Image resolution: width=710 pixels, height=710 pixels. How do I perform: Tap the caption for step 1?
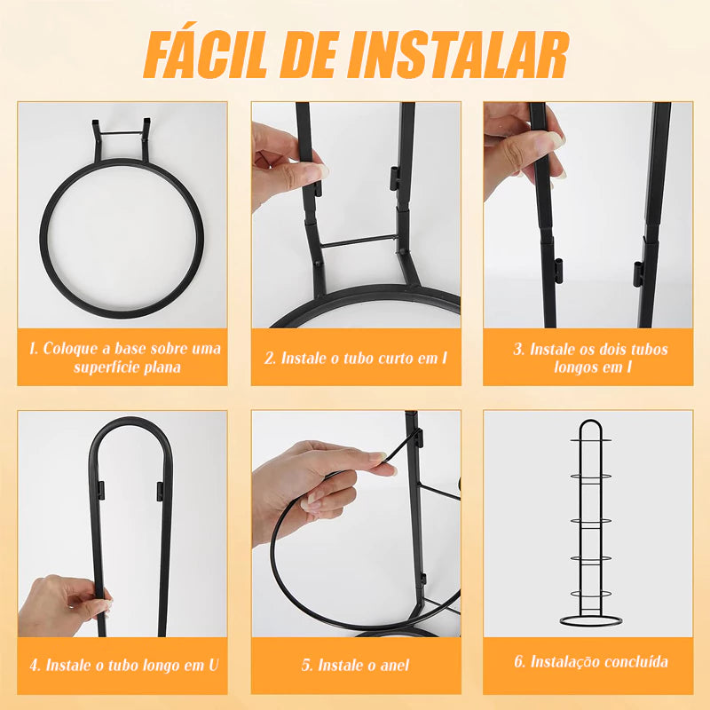122,357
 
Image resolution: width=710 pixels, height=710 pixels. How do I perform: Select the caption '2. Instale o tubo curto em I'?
355,358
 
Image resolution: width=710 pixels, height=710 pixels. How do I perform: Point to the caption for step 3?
588,357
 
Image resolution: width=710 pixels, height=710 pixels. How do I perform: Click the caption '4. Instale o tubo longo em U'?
122,664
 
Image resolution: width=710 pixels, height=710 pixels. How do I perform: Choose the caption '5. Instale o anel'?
355,664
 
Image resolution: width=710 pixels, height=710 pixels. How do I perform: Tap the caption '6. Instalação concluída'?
588,661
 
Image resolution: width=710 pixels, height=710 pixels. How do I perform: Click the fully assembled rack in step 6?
588,524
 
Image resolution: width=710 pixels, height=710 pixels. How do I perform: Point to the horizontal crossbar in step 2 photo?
358,241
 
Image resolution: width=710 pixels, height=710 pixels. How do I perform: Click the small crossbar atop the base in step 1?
120,135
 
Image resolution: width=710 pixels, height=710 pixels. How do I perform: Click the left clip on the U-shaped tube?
99,489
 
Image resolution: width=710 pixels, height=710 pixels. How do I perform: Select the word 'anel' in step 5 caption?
394,664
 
